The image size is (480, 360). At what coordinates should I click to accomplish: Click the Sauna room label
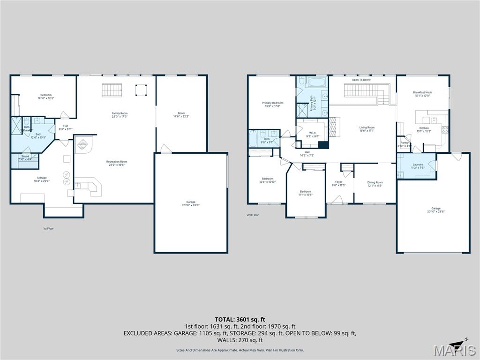[25, 157]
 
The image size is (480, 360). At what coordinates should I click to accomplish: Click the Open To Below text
[361, 80]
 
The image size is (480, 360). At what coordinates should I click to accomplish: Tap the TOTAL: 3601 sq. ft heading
[240, 319]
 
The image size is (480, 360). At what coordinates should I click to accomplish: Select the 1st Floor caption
[48, 228]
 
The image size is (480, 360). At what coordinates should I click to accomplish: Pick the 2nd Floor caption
[253, 215]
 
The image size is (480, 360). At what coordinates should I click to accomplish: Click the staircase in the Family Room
[112, 90]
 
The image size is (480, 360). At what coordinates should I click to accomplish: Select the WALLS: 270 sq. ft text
[240, 340]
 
